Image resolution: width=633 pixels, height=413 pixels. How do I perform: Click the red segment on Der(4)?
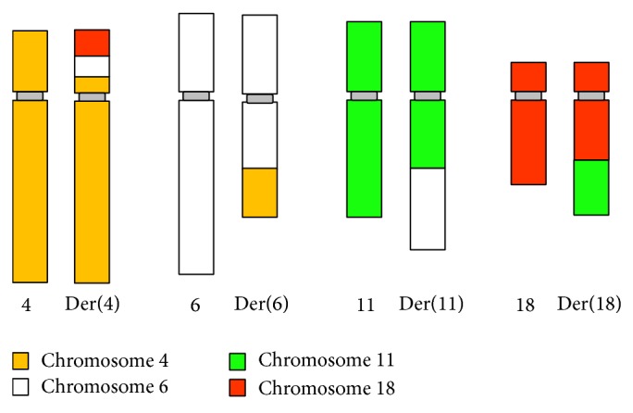point(93,43)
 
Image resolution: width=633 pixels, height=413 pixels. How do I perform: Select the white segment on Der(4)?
point(93,66)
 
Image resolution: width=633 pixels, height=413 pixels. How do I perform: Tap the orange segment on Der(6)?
point(259,193)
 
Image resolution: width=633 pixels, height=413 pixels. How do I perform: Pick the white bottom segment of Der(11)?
point(428,208)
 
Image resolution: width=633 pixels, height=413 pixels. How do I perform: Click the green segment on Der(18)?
point(591,187)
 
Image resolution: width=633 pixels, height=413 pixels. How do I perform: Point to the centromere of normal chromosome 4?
point(30,95)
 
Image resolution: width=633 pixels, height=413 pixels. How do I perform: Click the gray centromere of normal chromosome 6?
point(196,95)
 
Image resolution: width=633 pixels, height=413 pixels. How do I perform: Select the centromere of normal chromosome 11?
point(364,95)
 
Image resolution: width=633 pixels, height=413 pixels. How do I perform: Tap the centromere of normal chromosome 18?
point(528,95)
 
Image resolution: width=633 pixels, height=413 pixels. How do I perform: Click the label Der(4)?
point(93,304)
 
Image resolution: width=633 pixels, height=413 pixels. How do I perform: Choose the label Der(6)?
point(259,304)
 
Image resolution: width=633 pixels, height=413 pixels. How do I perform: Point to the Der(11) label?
point(430,304)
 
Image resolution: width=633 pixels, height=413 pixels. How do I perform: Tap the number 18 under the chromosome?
point(526,305)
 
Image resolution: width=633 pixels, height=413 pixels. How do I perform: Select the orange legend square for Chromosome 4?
point(20,361)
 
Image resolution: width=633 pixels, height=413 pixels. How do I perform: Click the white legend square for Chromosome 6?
point(20,386)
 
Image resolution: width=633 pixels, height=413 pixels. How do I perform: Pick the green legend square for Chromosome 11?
point(238,361)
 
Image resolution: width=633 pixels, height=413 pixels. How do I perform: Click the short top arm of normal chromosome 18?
point(528,76)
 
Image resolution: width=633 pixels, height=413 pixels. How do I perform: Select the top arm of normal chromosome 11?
point(364,56)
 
